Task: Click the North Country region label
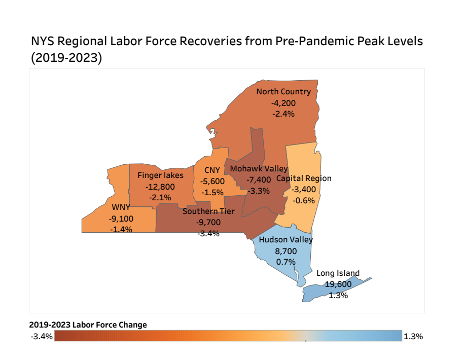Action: coord(283,92)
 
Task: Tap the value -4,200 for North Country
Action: coord(283,103)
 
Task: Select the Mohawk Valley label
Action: coord(259,168)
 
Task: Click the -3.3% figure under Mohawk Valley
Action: coord(259,191)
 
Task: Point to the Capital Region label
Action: coord(304,178)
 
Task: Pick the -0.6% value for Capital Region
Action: coord(304,200)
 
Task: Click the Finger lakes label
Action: coord(160,175)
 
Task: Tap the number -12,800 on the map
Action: coord(160,186)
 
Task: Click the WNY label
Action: coord(121,207)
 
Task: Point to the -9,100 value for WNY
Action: coord(121,219)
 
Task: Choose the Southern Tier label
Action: coord(208,211)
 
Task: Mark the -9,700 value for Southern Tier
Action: coord(208,222)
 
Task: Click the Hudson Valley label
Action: coord(286,240)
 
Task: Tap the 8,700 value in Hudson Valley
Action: coord(286,250)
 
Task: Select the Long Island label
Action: coord(338,273)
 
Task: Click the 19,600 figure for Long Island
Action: coord(338,284)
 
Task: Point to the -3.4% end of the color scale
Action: coord(42,337)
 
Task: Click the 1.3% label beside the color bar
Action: coord(413,336)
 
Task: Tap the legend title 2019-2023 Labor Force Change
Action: coord(88,325)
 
